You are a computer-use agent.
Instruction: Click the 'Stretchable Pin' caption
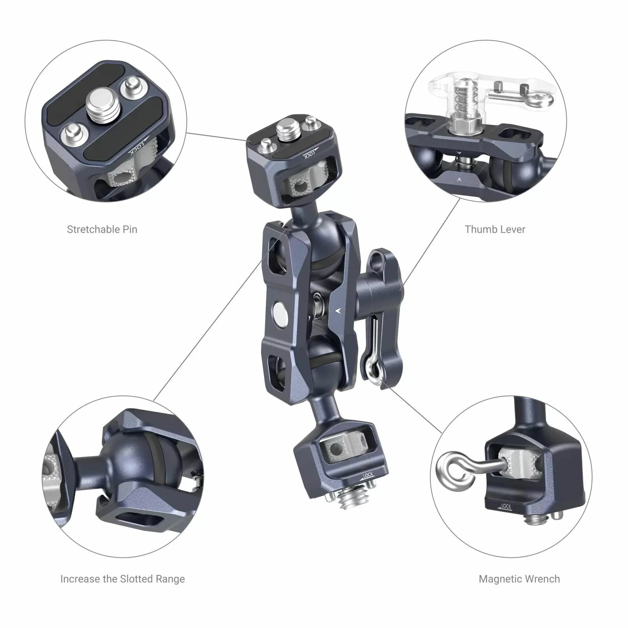click(x=102, y=229)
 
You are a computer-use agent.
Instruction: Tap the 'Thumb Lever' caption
click(x=495, y=229)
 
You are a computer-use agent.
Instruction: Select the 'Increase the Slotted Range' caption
click(x=122, y=579)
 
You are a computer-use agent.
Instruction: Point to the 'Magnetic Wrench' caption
click(x=519, y=579)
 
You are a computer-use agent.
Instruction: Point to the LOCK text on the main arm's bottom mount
click(x=367, y=475)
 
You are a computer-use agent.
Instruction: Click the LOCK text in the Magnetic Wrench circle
click(x=506, y=507)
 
